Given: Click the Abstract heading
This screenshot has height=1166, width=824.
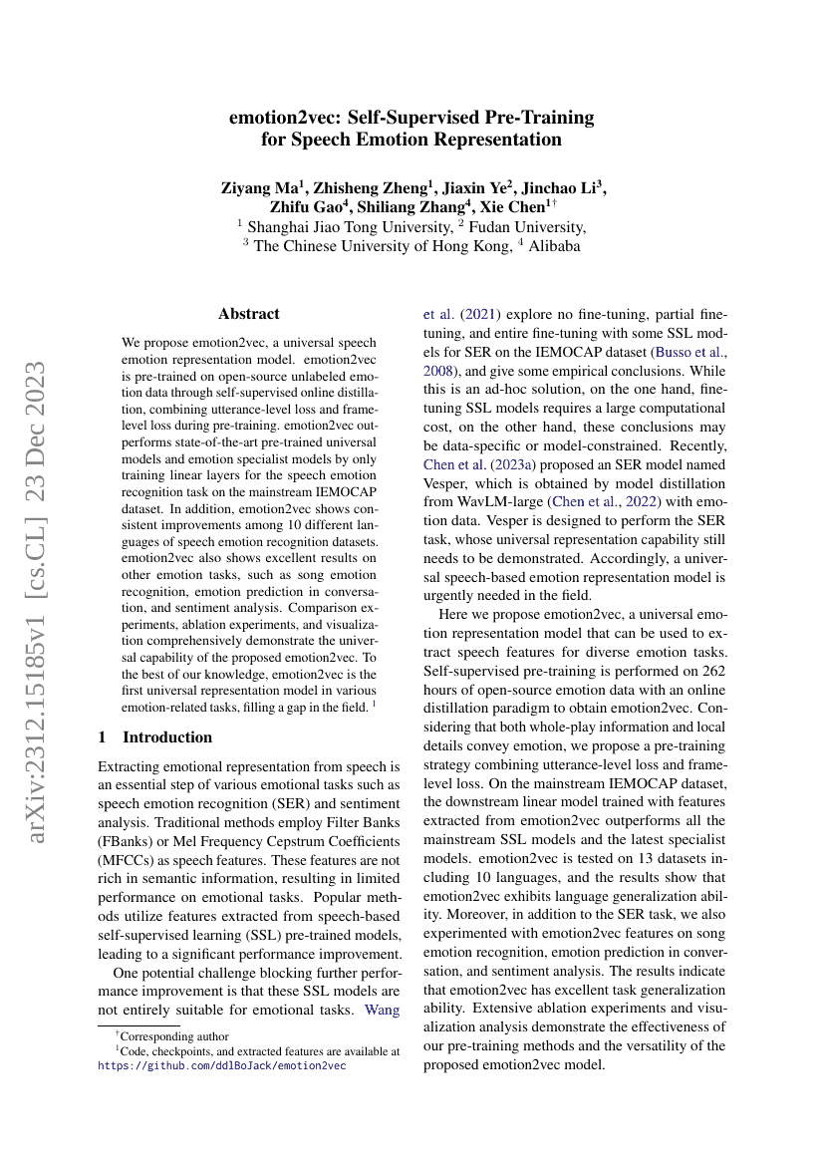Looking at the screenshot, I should coord(249,314).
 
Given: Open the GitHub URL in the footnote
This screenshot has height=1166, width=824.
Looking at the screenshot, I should coord(222,1065).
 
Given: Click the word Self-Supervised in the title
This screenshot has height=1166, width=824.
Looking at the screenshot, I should coord(440,118).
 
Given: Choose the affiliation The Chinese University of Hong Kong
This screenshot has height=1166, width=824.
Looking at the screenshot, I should coord(382,246).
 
